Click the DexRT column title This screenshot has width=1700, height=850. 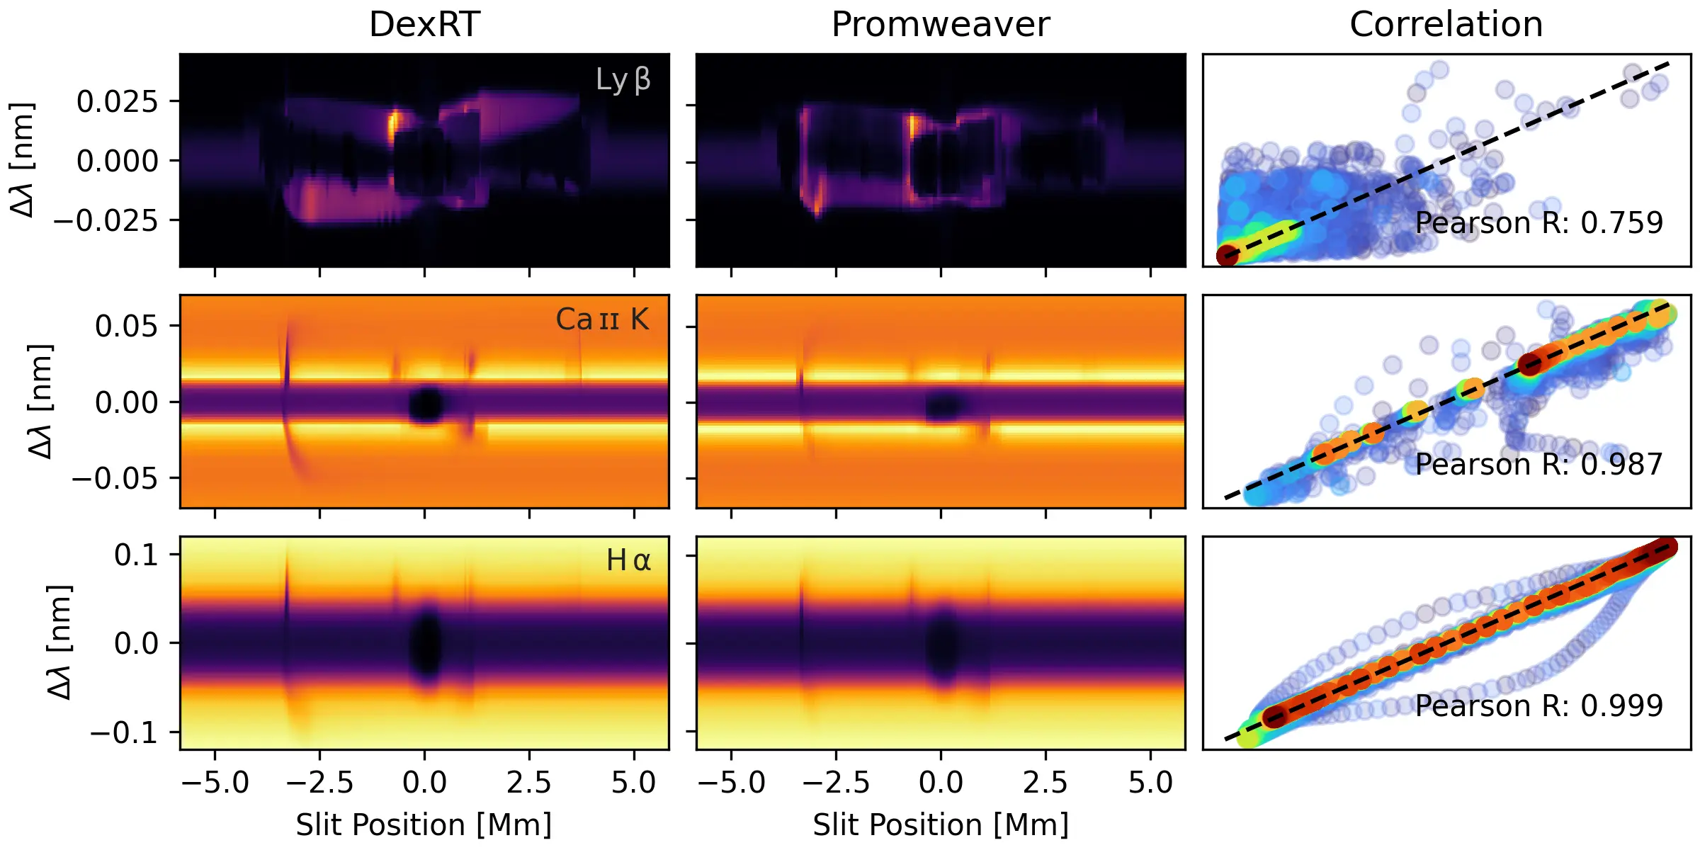[424, 25]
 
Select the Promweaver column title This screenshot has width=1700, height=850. [940, 25]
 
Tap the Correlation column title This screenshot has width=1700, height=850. [1446, 25]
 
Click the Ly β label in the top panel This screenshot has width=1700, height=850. [623, 80]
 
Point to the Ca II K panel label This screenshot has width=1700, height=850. [602, 319]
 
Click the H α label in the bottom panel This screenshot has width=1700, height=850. [628, 561]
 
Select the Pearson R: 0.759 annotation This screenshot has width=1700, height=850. [1538, 223]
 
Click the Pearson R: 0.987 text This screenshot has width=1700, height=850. [1538, 465]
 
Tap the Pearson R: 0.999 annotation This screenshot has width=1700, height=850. [1538, 706]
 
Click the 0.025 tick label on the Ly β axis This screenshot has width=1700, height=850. [118, 102]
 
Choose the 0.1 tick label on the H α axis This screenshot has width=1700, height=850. [136, 555]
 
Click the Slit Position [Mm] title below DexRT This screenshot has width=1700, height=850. [424, 825]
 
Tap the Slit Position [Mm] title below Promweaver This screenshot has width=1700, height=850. [940, 825]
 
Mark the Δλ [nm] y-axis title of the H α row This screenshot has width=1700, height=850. [59, 642]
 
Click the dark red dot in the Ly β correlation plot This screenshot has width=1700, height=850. [1228, 255]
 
